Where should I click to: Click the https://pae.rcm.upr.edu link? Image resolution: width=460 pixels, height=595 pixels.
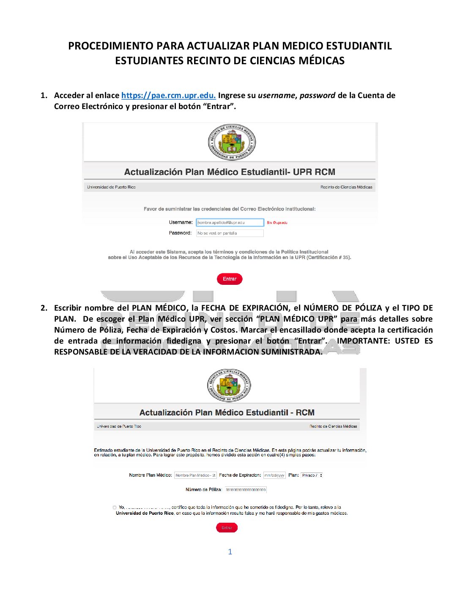tap(168, 96)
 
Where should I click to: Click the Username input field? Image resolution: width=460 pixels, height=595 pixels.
tap(230, 222)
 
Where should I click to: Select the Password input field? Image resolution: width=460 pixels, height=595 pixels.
tap(230, 233)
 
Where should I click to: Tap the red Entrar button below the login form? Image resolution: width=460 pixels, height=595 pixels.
tap(230, 279)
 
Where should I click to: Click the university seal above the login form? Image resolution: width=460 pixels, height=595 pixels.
tap(232, 142)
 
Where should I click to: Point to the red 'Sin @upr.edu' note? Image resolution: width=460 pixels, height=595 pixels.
tap(277, 223)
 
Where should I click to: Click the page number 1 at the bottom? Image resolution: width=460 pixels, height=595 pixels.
tap(230, 551)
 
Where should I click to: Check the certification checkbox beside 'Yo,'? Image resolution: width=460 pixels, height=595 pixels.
tap(115, 508)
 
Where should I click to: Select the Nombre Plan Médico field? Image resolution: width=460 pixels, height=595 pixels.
tap(195, 475)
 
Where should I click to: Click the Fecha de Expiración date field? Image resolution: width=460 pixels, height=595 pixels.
tap(274, 475)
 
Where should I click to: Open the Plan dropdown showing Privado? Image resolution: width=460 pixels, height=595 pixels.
tap(312, 475)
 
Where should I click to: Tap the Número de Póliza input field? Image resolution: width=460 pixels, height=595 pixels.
tap(245, 490)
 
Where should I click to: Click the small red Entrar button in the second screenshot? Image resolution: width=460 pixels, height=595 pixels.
tap(227, 528)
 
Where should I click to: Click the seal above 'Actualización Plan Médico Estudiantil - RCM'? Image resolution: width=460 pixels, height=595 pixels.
tap(229, 385)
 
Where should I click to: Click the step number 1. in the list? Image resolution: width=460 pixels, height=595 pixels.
tap(44, 96)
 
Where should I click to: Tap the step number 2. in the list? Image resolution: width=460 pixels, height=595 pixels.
tap(44, 308)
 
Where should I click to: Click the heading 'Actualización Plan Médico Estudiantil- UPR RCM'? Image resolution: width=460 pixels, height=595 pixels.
tap(230, 172)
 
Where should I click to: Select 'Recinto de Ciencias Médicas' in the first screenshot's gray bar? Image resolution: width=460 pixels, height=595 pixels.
tap(346, 187)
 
